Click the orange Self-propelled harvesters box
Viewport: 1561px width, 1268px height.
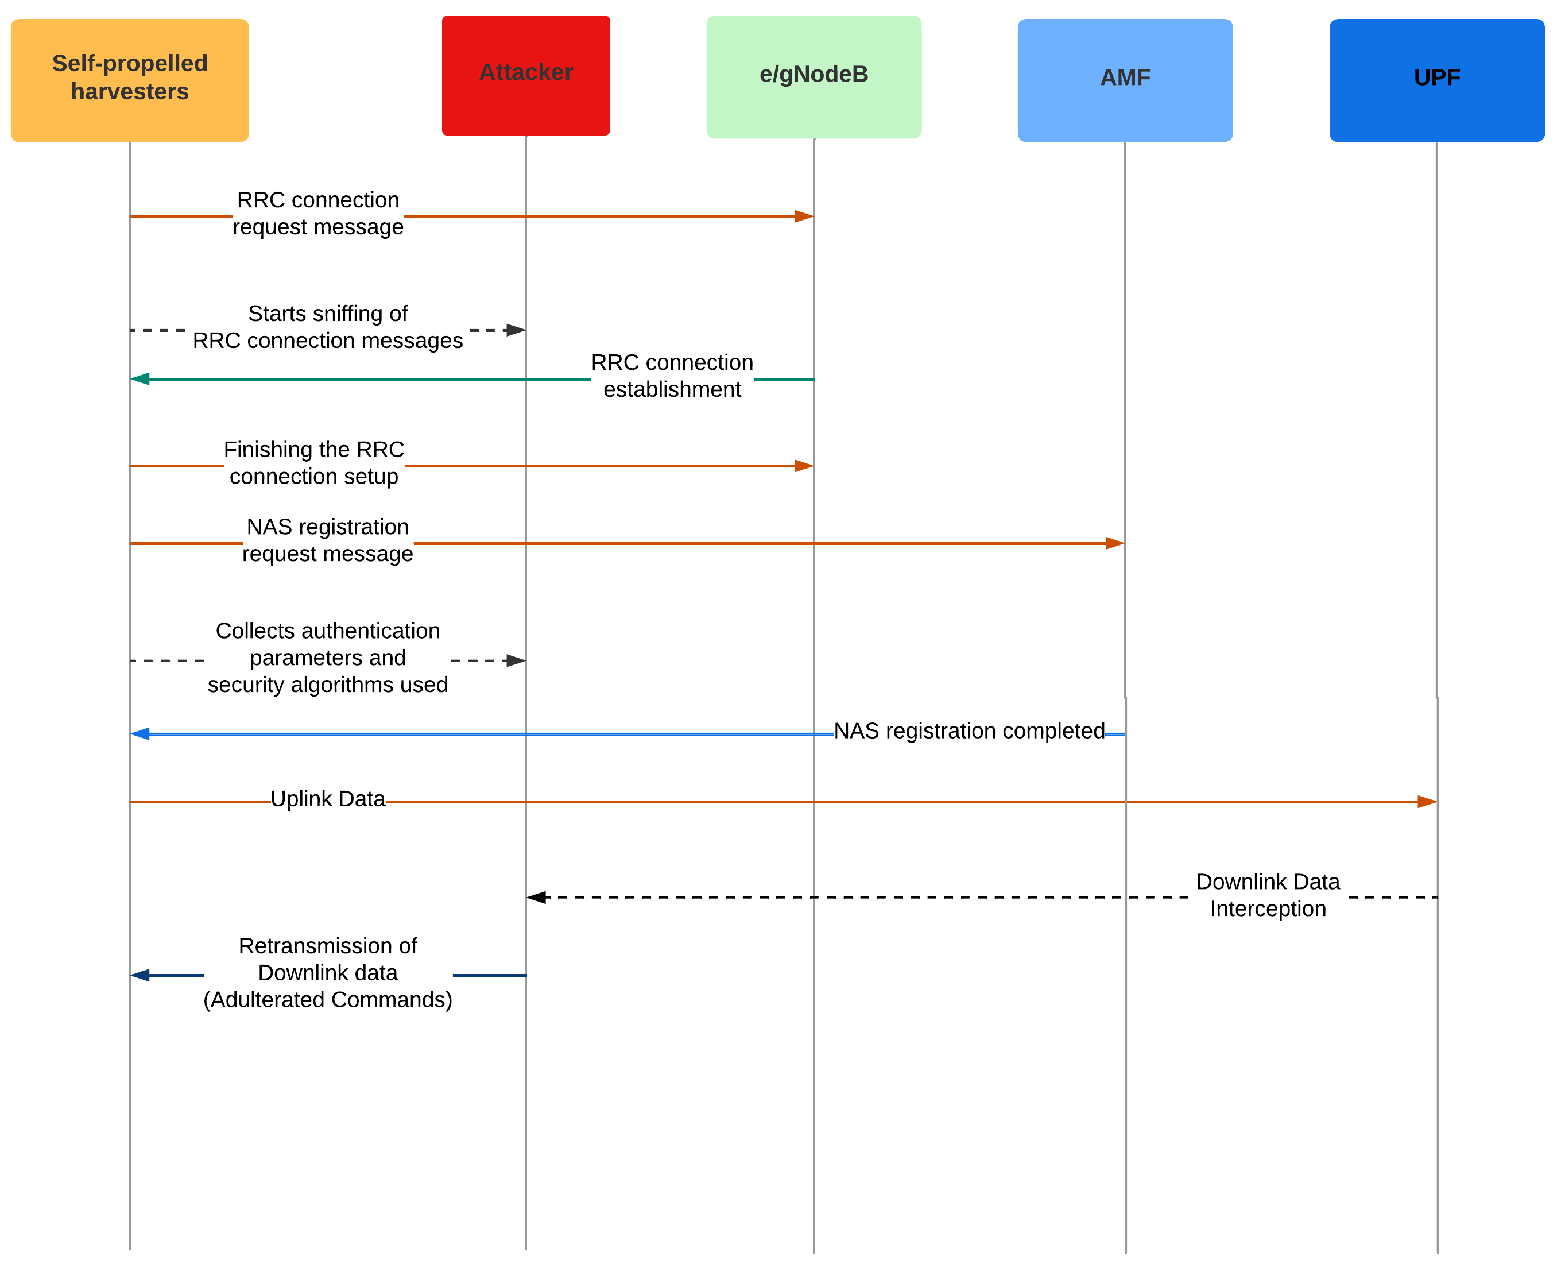point(129,80)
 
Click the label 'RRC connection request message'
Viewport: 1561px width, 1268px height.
point(317,213)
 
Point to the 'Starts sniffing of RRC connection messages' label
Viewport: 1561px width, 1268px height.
point(327,327)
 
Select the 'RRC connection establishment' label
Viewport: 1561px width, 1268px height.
point(671,376)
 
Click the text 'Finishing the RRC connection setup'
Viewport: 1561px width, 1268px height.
point(313,462)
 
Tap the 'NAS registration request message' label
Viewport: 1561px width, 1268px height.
point(327,540)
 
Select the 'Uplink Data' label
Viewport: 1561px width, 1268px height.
point(327,798)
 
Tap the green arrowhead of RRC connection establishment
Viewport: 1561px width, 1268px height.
point(140,378)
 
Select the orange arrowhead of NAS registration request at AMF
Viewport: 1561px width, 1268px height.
point(1114,543)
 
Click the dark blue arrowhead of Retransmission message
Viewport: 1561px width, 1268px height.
point(140,975)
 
